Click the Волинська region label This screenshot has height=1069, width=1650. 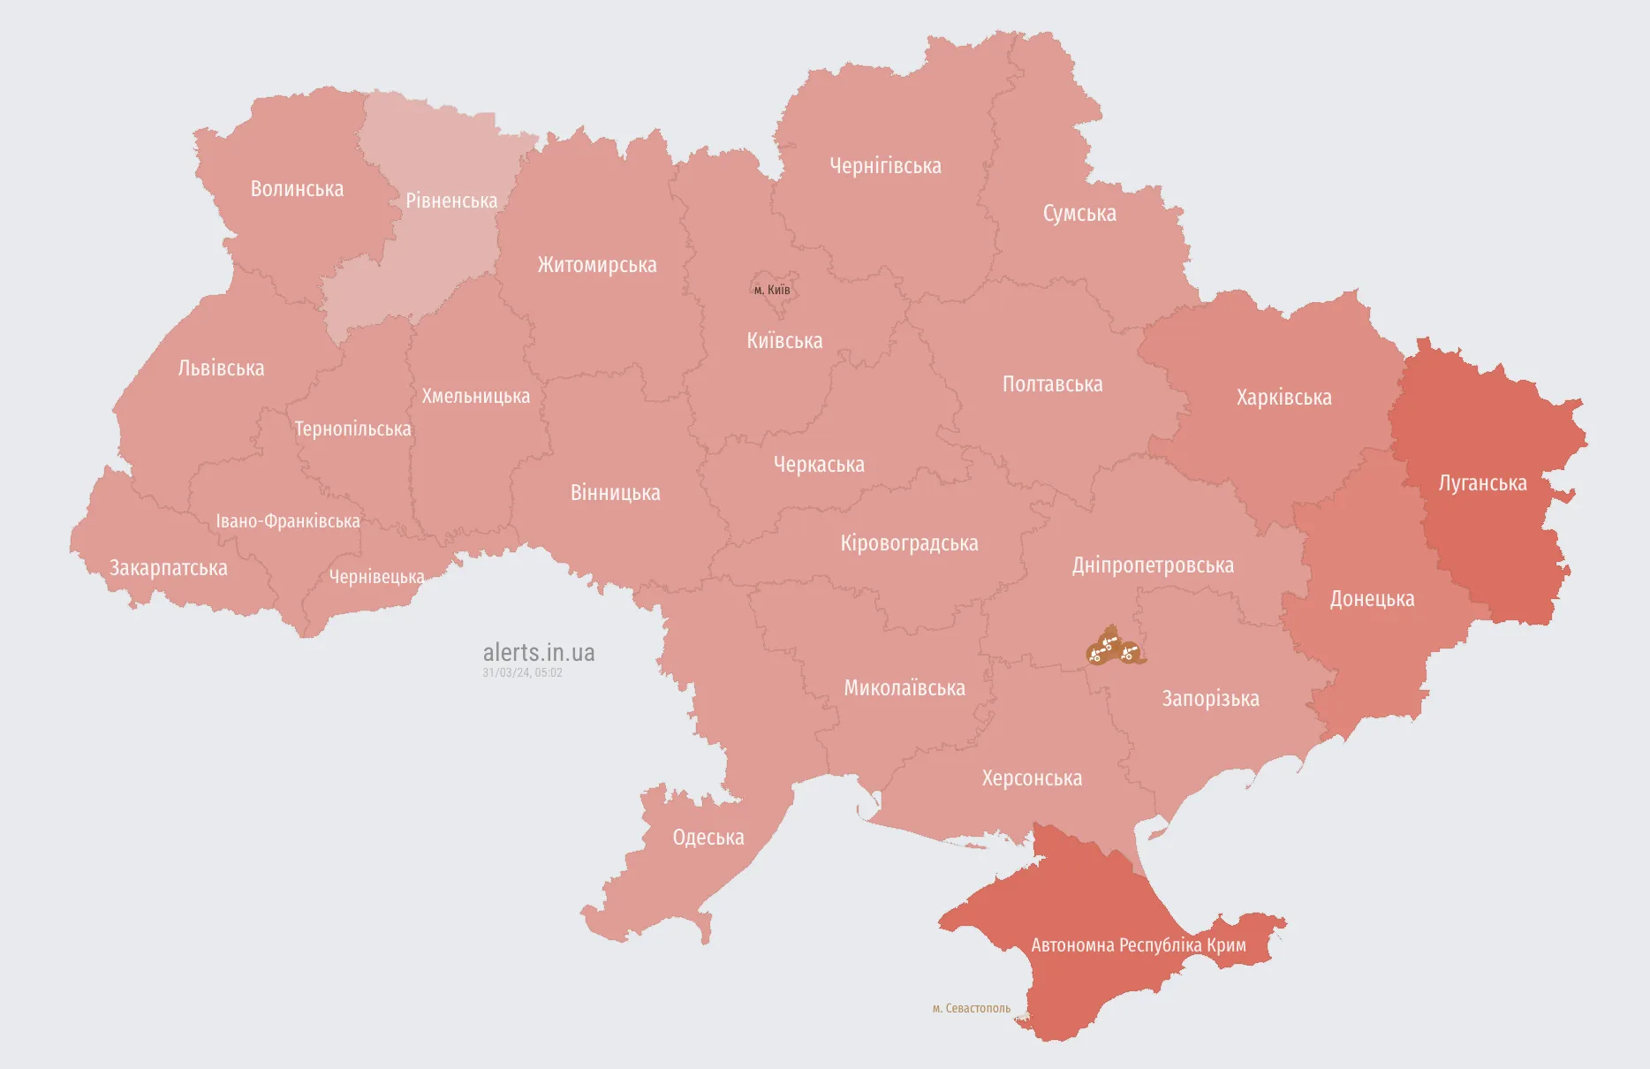tap(297, 189)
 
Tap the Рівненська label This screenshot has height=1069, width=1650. tap(451, 201)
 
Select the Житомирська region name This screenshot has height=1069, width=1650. tap(597, 265)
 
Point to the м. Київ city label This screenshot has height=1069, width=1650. tap(772, 290)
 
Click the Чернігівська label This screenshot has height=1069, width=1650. tap(885, 166)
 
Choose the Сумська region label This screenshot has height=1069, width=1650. tap(1079, 214)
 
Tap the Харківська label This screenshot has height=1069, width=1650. tap(1283, 398)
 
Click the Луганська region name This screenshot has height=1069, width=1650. tap(1482, 483)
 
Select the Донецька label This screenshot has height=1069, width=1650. tap(1372, 599)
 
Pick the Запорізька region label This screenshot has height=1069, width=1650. tap(1210, 699)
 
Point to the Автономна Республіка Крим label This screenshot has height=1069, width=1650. tap(1139, 945)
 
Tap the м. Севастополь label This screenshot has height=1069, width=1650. tap(971, 1008)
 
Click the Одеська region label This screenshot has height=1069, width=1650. tap(708, 838)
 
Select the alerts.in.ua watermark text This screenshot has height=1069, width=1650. tap(539, 653)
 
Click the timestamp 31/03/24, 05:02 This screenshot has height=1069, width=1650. tap(522, 673)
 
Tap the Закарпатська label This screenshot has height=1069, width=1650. tap(168, 568)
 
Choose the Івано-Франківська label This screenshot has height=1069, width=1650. tap(288, 521)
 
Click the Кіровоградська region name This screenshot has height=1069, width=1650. tap(909, 543)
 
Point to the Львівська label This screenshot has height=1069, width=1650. tap(221, 368)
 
